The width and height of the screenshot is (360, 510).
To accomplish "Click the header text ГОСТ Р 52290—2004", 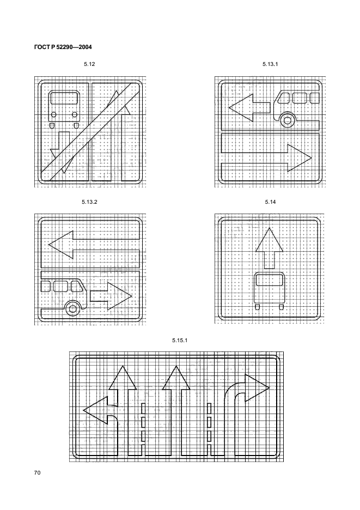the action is (63, 47).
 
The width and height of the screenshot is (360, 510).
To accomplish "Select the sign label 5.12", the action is (89, 64).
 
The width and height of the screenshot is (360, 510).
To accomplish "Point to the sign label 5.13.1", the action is (270, 64).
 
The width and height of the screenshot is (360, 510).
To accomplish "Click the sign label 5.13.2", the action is (89, 202).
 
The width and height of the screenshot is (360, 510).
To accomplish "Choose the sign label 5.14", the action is (270, 202).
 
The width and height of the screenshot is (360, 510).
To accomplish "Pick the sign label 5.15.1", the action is (180, 341).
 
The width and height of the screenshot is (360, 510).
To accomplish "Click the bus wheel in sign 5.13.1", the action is (287, 120).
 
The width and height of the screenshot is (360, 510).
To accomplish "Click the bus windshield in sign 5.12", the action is (64, 98).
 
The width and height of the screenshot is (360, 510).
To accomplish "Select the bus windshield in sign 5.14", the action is (269, 280).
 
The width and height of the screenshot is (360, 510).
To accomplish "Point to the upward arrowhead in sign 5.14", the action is (269, 240).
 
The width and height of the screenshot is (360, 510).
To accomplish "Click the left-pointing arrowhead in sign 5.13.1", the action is (241, 108).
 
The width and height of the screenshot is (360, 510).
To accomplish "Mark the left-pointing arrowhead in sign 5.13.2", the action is (61, 244).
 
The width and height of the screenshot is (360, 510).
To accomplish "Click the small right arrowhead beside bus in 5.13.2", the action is (120, 296).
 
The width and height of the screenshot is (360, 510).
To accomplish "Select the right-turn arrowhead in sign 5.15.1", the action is (257, 388).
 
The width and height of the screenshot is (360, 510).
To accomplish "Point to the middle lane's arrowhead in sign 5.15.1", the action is (176, 378).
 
